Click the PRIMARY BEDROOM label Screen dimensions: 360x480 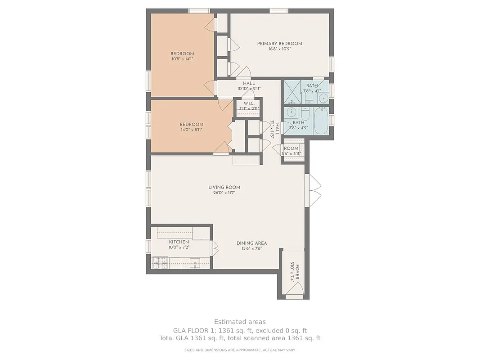click(279, 44)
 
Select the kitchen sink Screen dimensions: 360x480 click(195, 263)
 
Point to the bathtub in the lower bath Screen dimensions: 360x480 click(321, 121)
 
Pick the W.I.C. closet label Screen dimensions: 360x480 click(249, 103)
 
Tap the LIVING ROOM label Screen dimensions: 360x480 click(224, 187)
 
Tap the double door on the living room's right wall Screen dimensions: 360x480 click(314, 190)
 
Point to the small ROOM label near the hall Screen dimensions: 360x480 click(291, 148)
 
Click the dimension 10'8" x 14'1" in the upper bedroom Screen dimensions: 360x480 click(182, 59)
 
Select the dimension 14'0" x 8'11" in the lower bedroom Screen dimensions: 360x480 click(191, 130)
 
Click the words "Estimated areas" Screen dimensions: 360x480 click(240, 322)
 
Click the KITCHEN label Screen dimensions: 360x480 click(179, 242)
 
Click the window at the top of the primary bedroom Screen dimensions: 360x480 click(279, 10)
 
